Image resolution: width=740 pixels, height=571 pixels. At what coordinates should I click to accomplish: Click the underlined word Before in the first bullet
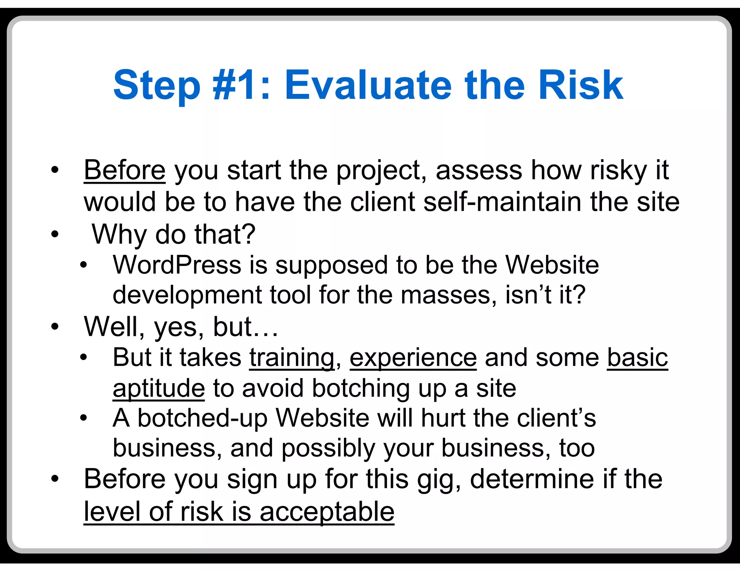[125, 170]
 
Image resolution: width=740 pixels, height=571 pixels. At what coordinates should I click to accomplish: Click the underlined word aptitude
[159, 388]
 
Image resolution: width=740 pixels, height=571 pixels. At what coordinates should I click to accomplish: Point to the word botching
[361, 388]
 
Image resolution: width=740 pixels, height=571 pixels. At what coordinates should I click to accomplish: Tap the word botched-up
[203, 418]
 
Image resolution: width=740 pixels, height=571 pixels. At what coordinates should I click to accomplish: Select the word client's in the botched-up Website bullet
[556, 418]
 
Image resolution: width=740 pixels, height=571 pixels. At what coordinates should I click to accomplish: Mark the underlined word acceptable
[327, 512]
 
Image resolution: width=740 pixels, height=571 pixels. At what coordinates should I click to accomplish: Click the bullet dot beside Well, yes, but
[55, 327]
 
